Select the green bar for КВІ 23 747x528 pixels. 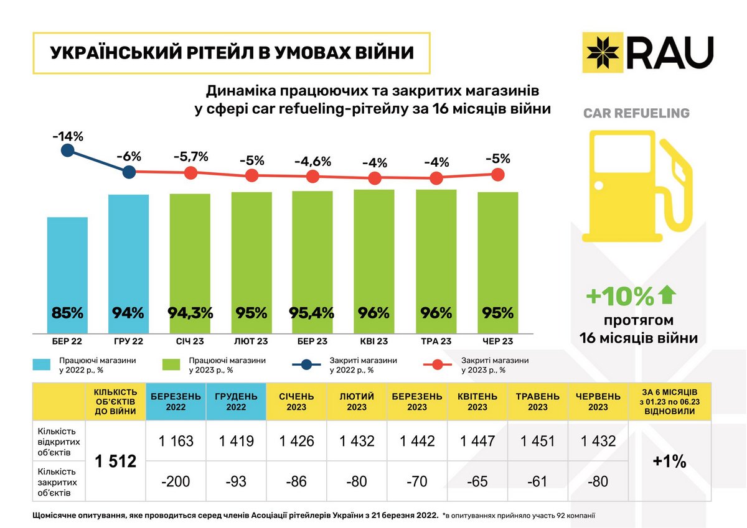(x=374, y=261)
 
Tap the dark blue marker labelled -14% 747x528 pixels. (x=68, y=151)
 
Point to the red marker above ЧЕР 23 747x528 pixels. (x=497, y=175)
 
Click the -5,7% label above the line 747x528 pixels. (x=190, y=156)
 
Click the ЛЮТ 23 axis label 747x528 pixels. (x=251, y=341)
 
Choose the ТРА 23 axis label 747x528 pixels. (x=436, y=341)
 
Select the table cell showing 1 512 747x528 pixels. (x=115, y=461)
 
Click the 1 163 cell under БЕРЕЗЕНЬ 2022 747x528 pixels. (x=176, y=441)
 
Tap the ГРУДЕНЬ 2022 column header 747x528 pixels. (x=237, y=402)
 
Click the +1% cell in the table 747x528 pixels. (x=670, y=461)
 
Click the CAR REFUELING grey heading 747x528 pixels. (x=636, y=113)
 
